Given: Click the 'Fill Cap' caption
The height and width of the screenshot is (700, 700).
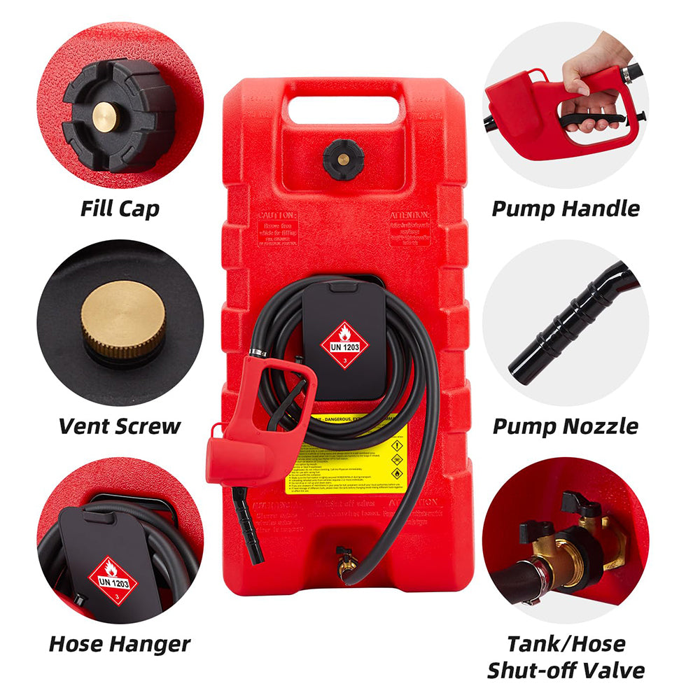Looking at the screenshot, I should (x=119, y=209).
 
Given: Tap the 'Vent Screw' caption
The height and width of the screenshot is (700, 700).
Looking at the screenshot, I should (x=119, y=426).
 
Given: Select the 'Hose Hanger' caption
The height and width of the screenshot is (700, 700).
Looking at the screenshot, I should (x=119, y=644).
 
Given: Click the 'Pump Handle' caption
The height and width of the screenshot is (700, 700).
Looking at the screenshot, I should (x=566, y=209).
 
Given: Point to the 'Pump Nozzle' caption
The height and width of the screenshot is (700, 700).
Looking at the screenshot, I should (x=566, y=426).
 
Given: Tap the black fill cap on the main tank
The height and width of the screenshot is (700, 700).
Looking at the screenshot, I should (x=343, y=158).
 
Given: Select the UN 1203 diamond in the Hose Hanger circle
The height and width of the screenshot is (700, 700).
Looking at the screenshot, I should (x=113, y=581).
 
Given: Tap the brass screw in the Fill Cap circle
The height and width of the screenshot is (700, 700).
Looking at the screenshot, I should (x=106, y=116).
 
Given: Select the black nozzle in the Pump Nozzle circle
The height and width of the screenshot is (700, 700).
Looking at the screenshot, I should (x=560, y=336).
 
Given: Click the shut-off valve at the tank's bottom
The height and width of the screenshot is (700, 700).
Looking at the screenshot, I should (x=344, y=560).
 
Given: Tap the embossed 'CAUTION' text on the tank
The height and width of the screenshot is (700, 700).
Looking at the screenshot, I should (x=277, y=216).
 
